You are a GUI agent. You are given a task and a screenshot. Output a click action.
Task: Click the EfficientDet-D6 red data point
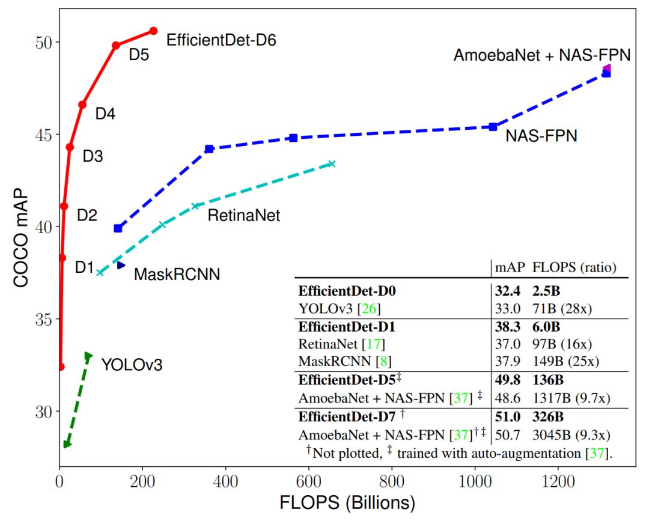click(x=153, y=31)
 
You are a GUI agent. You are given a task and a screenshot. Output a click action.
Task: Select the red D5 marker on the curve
click(x=116, y=45)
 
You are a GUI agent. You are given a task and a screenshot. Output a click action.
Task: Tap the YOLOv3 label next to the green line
click(x=132, y=364)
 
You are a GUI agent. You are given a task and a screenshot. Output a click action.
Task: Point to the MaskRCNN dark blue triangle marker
click(x=121, y=265)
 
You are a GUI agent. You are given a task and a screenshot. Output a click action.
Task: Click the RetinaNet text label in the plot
click(x=243, y=215)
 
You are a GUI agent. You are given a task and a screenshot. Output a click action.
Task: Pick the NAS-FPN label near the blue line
click(x=541, y=136)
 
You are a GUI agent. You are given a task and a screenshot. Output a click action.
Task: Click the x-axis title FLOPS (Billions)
click(x=347, y=502)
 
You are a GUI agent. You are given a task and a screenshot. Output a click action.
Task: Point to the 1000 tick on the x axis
click(x=475, y=482)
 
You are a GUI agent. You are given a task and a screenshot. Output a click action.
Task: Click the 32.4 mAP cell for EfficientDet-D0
click(x=506, y=291)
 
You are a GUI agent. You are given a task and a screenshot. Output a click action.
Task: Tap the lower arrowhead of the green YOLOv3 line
click(x=67, y=444)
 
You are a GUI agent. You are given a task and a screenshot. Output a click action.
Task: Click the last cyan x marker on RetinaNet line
click(x=332, y=163)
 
